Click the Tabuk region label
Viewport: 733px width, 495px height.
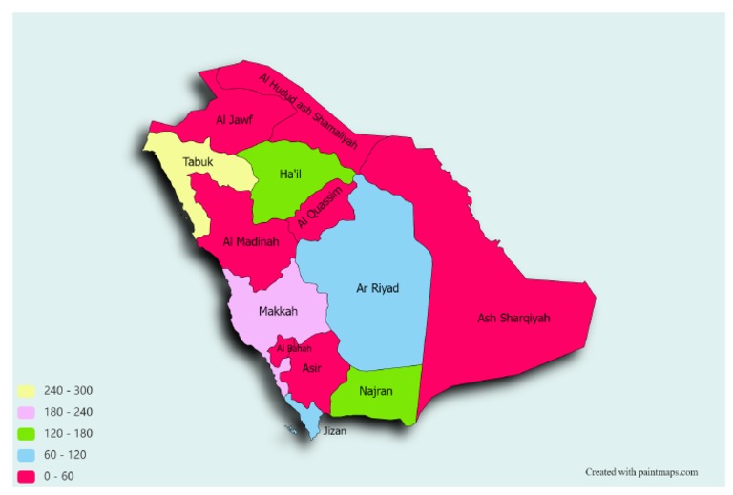point(199,161)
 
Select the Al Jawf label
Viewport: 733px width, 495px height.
point(234,119)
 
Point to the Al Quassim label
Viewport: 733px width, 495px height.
point(317,208)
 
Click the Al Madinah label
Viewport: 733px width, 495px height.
point(250,242)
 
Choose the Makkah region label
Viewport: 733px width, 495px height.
point(278,312)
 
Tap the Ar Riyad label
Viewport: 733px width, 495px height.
point(377,288)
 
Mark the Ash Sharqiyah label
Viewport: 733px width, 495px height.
point(515,318)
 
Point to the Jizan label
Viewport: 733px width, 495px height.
point(334,431)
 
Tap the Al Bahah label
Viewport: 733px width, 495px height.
point(294,349)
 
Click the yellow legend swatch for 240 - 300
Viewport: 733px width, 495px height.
point(27,391)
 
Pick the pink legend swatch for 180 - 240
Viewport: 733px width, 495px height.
point(27,412)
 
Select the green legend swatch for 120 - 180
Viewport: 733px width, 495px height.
point(27,433)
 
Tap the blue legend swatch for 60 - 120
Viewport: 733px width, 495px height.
point(27,455)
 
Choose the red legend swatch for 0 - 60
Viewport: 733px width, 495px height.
point(27,476)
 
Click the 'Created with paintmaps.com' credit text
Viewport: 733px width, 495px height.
point(641,471)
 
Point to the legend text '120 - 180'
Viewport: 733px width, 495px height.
point(69,433)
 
